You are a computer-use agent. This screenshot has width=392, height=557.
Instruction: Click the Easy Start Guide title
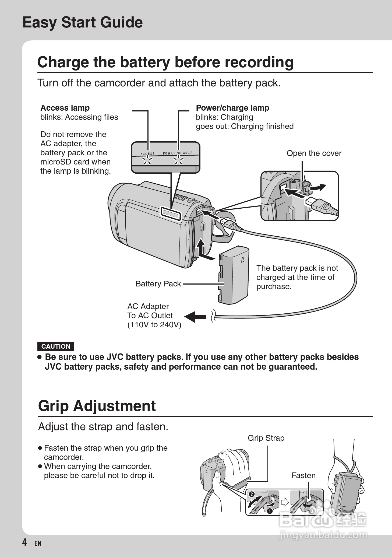pos(82,22)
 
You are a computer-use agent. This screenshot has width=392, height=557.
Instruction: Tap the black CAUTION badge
pos(56,346)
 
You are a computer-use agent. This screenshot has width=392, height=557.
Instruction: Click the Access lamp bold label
pos(65,108)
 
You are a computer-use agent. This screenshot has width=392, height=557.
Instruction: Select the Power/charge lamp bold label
pos(232,108)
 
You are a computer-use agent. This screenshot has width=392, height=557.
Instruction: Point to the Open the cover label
pos(314,153)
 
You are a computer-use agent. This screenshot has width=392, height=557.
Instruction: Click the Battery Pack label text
pos(158,284)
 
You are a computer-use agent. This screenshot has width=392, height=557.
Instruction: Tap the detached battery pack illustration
pos(233,275)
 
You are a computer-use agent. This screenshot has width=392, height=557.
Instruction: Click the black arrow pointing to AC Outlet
pos(195,317)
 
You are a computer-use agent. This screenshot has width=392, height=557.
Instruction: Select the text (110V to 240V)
pos(154,325)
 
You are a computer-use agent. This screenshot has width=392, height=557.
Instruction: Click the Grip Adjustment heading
pos(97,406)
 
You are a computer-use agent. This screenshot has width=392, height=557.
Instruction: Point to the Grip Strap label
pos(266,438)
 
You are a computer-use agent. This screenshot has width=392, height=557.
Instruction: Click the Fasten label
pos(303,475)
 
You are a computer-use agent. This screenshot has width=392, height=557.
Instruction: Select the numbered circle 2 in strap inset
pos(252,494)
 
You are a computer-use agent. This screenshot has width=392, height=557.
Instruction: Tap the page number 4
pos(24,542)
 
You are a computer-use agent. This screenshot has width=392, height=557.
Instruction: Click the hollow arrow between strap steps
pos(285,502)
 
